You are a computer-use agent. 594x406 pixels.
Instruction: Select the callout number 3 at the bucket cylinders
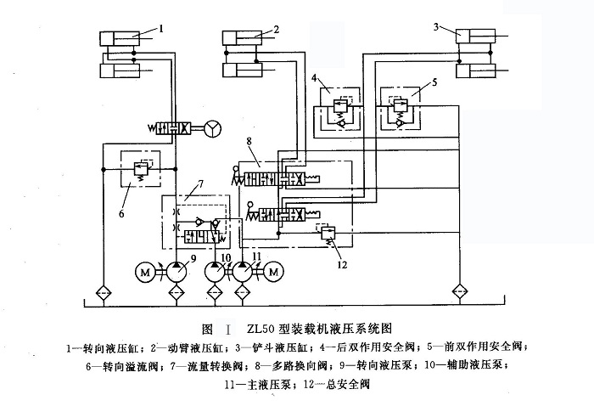436,28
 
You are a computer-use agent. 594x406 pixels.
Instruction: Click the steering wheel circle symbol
211,128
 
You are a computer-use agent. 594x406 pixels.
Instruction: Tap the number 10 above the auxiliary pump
224,256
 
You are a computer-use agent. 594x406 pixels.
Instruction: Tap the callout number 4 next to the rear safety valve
315,78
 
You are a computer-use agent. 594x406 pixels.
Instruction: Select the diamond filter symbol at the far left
102,291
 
